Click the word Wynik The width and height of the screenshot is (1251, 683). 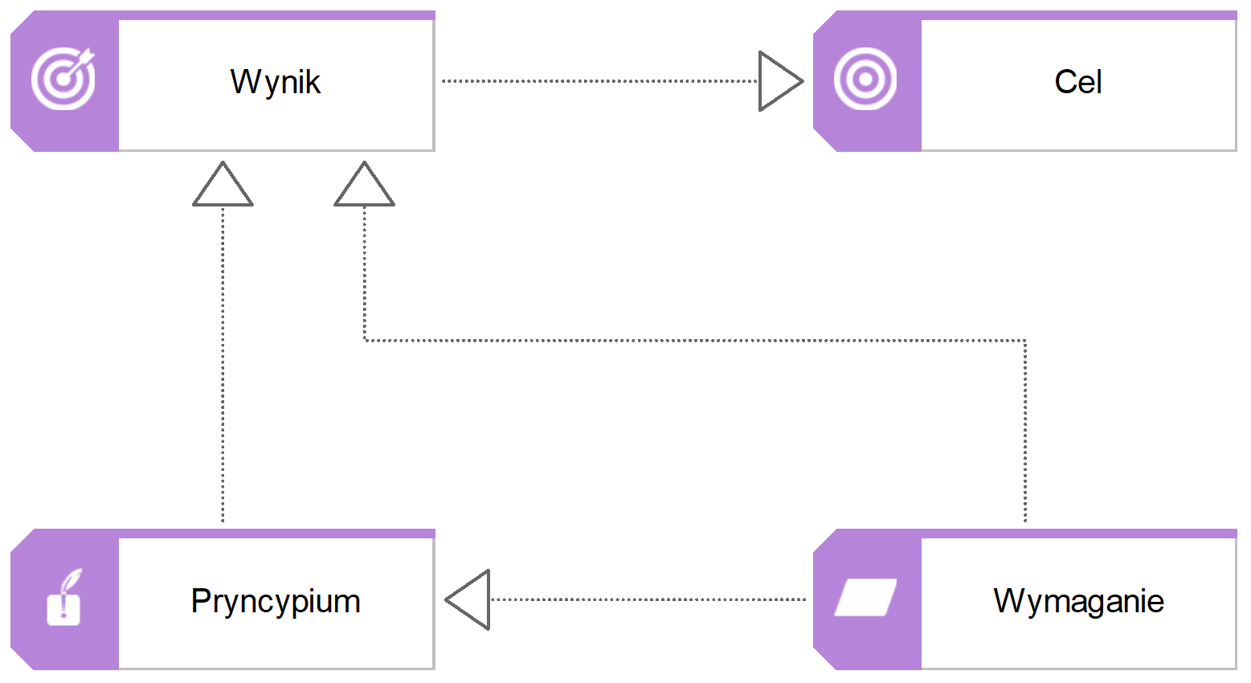click(275, 82)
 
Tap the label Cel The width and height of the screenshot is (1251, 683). click(1077, 82)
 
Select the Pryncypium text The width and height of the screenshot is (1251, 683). click(275, 601)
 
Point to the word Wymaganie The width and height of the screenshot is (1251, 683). click(1078, 601)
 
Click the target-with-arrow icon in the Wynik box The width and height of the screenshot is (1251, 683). click(63, 79)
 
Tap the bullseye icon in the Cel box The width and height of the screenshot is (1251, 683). click(865, 79)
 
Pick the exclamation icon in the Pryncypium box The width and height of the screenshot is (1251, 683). click(64, 598)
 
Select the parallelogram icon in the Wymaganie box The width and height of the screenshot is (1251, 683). click(865, 598)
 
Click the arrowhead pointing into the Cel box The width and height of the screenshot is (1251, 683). click(779, 81)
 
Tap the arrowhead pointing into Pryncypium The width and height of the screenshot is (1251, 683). click(470, 599)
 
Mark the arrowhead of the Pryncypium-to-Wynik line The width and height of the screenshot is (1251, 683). click(223, 186)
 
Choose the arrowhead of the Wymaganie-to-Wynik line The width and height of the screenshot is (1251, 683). click(364, 186)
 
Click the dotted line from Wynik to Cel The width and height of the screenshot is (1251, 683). click(599, 81)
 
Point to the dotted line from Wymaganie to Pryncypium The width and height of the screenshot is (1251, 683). click(647, 599)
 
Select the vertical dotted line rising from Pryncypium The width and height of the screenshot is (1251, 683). click(223, 362)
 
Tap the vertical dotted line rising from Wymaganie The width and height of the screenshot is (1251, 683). click(1025, 434)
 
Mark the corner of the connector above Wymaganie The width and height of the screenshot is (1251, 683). click(1025, 341)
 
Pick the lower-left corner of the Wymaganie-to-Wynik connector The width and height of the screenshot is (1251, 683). click(365, 341)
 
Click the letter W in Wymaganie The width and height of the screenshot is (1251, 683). click(1008, 601)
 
